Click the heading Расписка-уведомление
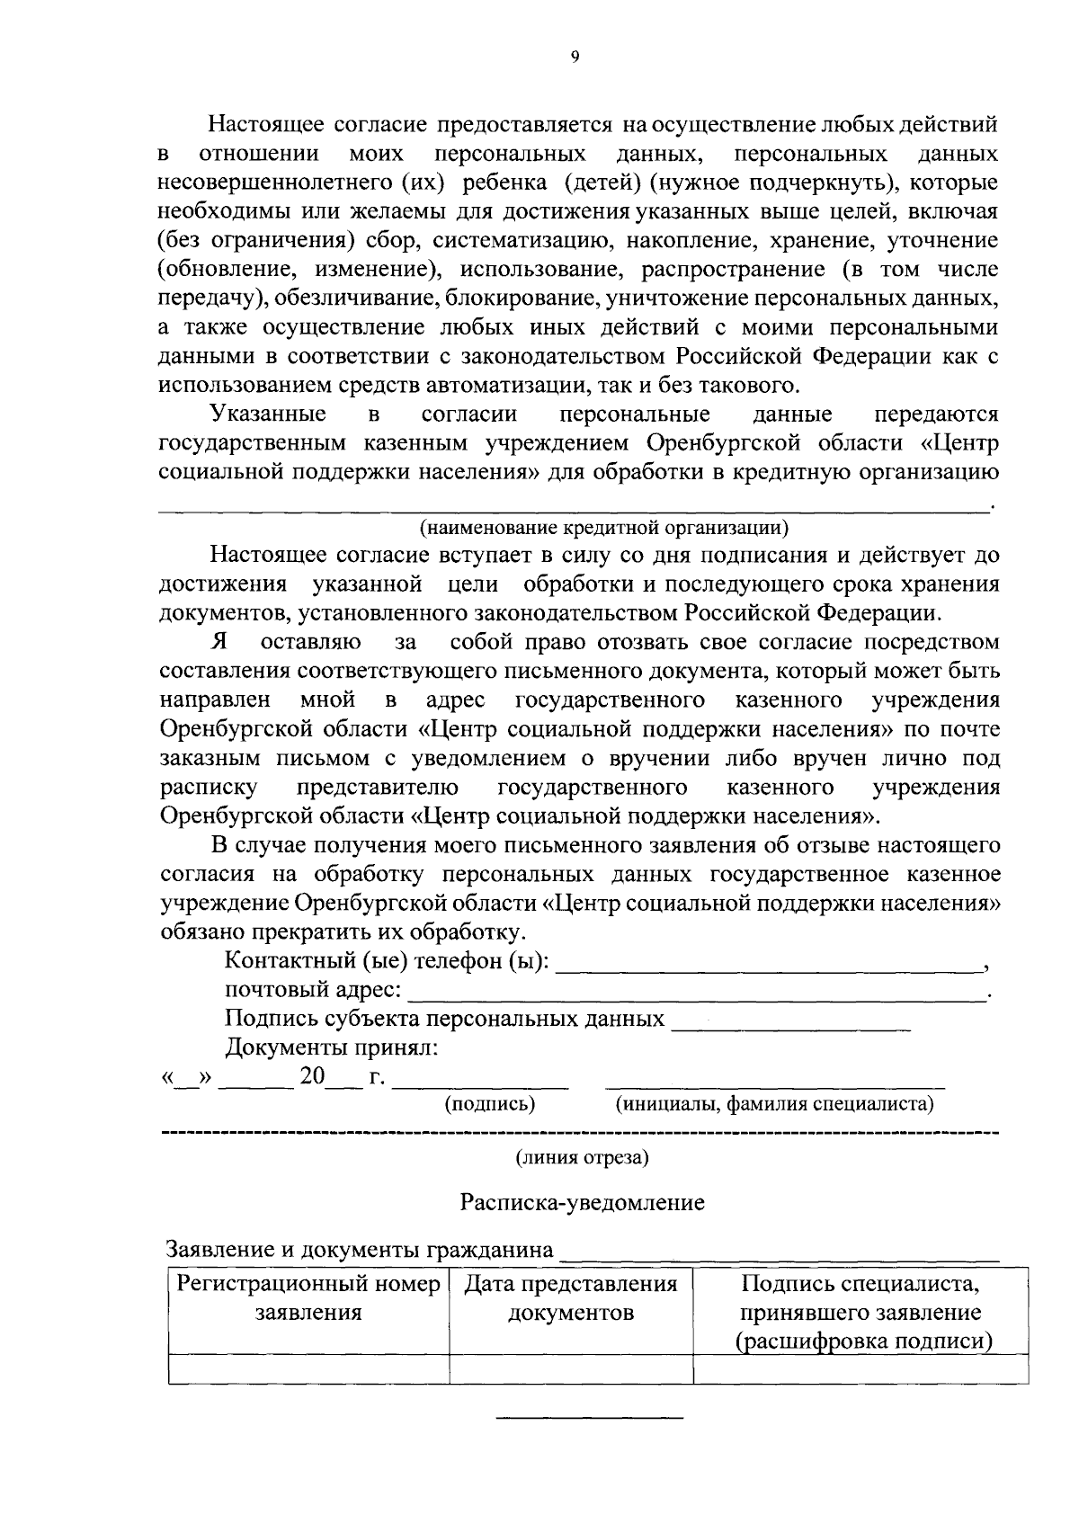(583, 1203)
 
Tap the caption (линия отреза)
(582, 1157)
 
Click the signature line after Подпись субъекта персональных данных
(791, 1026)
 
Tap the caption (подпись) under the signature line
(490, 1103)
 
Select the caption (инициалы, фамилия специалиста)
(773, 1103)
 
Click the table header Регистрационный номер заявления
(308, 1297)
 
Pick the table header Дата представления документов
(571, 1297)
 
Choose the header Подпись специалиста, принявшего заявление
(861, 1312)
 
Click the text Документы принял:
(332, 1047)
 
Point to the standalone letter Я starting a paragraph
(218, 642)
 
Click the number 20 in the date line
(312, 1075)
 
